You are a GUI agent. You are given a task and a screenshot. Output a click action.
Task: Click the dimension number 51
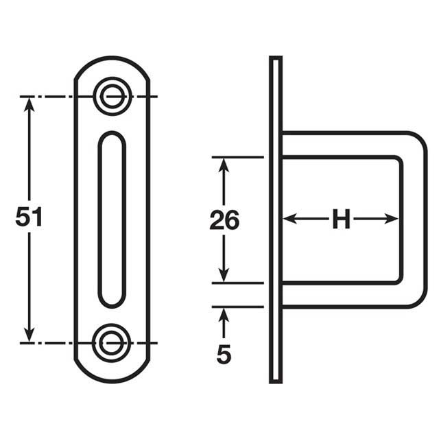pyautogui.click(x=29, y=217)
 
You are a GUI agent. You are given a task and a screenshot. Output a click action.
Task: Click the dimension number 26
pyautogui.click(x=224, y=221)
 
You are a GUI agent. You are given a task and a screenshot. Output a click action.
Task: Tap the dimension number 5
pyautogui.click(x=224, y=354)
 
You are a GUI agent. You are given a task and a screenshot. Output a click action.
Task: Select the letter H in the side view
pyautogui.click(x=341, y=219)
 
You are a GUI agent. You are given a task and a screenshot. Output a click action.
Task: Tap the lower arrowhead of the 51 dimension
pyautogui.click(x=29, y=334)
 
